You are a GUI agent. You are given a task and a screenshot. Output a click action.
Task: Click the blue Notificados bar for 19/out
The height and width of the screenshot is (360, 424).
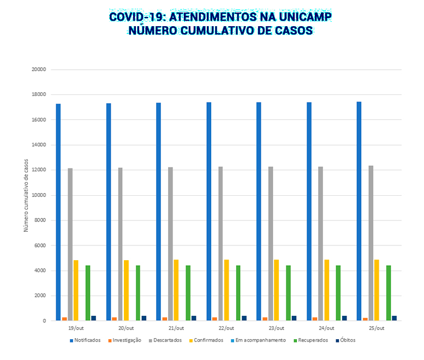click(58, 212)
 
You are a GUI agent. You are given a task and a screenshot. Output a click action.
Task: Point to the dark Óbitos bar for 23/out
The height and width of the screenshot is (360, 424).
click(294, 318)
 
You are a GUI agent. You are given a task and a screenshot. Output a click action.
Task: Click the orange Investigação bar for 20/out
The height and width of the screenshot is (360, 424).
click(115, 319)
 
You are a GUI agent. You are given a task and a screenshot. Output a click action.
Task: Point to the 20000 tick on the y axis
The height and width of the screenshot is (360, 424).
click(38, 70)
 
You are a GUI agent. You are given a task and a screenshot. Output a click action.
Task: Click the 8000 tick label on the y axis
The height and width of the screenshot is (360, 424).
click(39, 220)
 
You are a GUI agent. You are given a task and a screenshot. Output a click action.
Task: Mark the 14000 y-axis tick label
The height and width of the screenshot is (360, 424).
click(38, 145)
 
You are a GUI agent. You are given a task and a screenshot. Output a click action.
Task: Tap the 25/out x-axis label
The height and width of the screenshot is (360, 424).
click(377, 328)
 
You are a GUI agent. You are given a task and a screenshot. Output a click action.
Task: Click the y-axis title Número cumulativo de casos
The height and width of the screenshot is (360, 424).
click(26, 195)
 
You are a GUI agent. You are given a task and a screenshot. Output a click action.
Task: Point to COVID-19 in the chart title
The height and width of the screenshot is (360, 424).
click(134, 16)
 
